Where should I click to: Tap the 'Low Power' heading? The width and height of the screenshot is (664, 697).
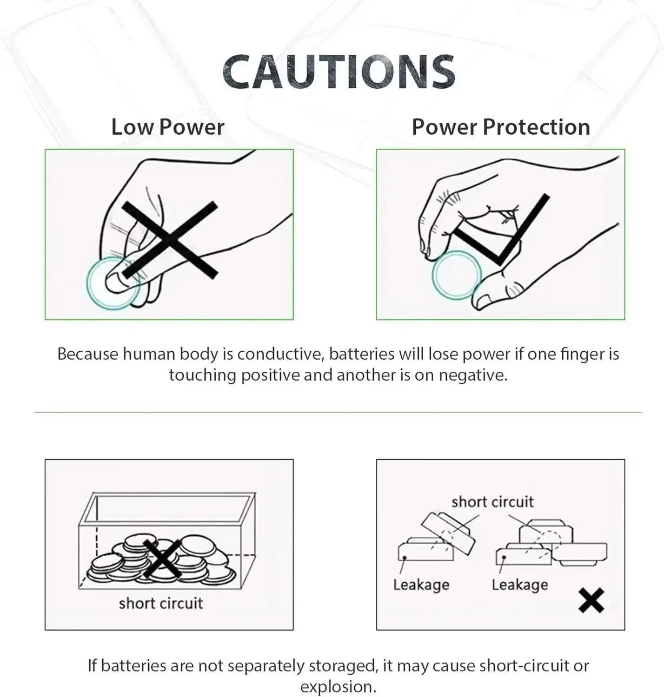[x=168, y=127]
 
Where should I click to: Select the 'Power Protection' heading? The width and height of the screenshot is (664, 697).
[x=501, y=127]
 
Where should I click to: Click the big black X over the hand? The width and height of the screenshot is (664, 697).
[x=170, y=240]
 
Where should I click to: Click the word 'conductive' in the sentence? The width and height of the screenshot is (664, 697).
[x=280, y=354]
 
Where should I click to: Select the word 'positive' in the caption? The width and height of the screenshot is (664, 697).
[x=271, y=375]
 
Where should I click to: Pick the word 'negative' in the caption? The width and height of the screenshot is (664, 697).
[x=473, y=375]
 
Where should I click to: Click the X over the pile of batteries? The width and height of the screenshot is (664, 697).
[x=163, y=559]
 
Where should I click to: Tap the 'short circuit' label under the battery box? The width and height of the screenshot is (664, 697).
[x=161, y=603]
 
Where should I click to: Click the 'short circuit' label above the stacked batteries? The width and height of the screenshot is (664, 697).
[x=492, y=502]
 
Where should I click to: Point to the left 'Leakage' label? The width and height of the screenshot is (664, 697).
[x=421, y=585]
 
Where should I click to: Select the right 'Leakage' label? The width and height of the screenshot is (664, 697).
[x=520, y=585]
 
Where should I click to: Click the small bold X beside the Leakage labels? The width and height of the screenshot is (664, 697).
[x=591, y=600]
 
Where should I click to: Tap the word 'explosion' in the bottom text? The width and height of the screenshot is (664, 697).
[x=338, y=687]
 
